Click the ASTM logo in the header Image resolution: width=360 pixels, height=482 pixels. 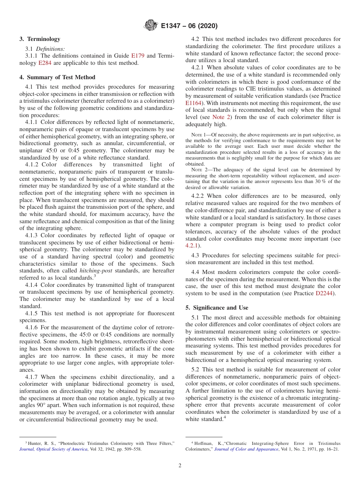151,25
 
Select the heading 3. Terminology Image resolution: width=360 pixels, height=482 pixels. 40,39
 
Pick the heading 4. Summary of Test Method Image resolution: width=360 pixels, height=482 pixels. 57,77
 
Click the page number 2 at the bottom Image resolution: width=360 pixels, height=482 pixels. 180,466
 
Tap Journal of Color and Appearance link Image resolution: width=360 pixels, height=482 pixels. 246,449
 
